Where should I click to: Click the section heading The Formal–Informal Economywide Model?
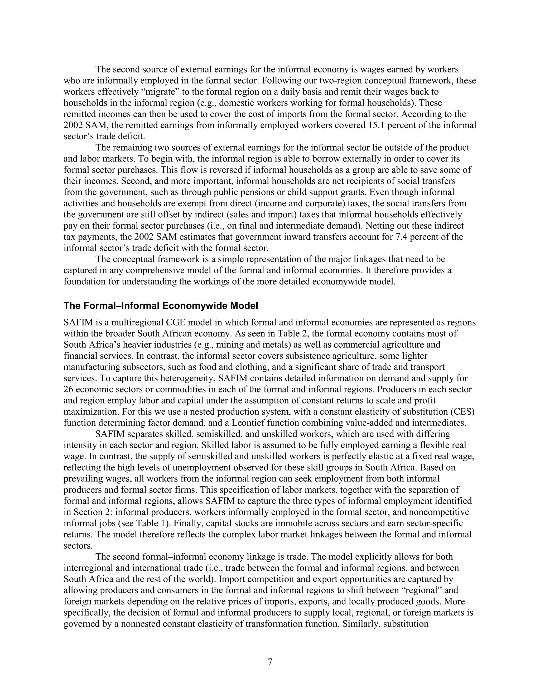click(x=161, y=306)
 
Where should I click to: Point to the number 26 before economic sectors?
click(x=69, y=389)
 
